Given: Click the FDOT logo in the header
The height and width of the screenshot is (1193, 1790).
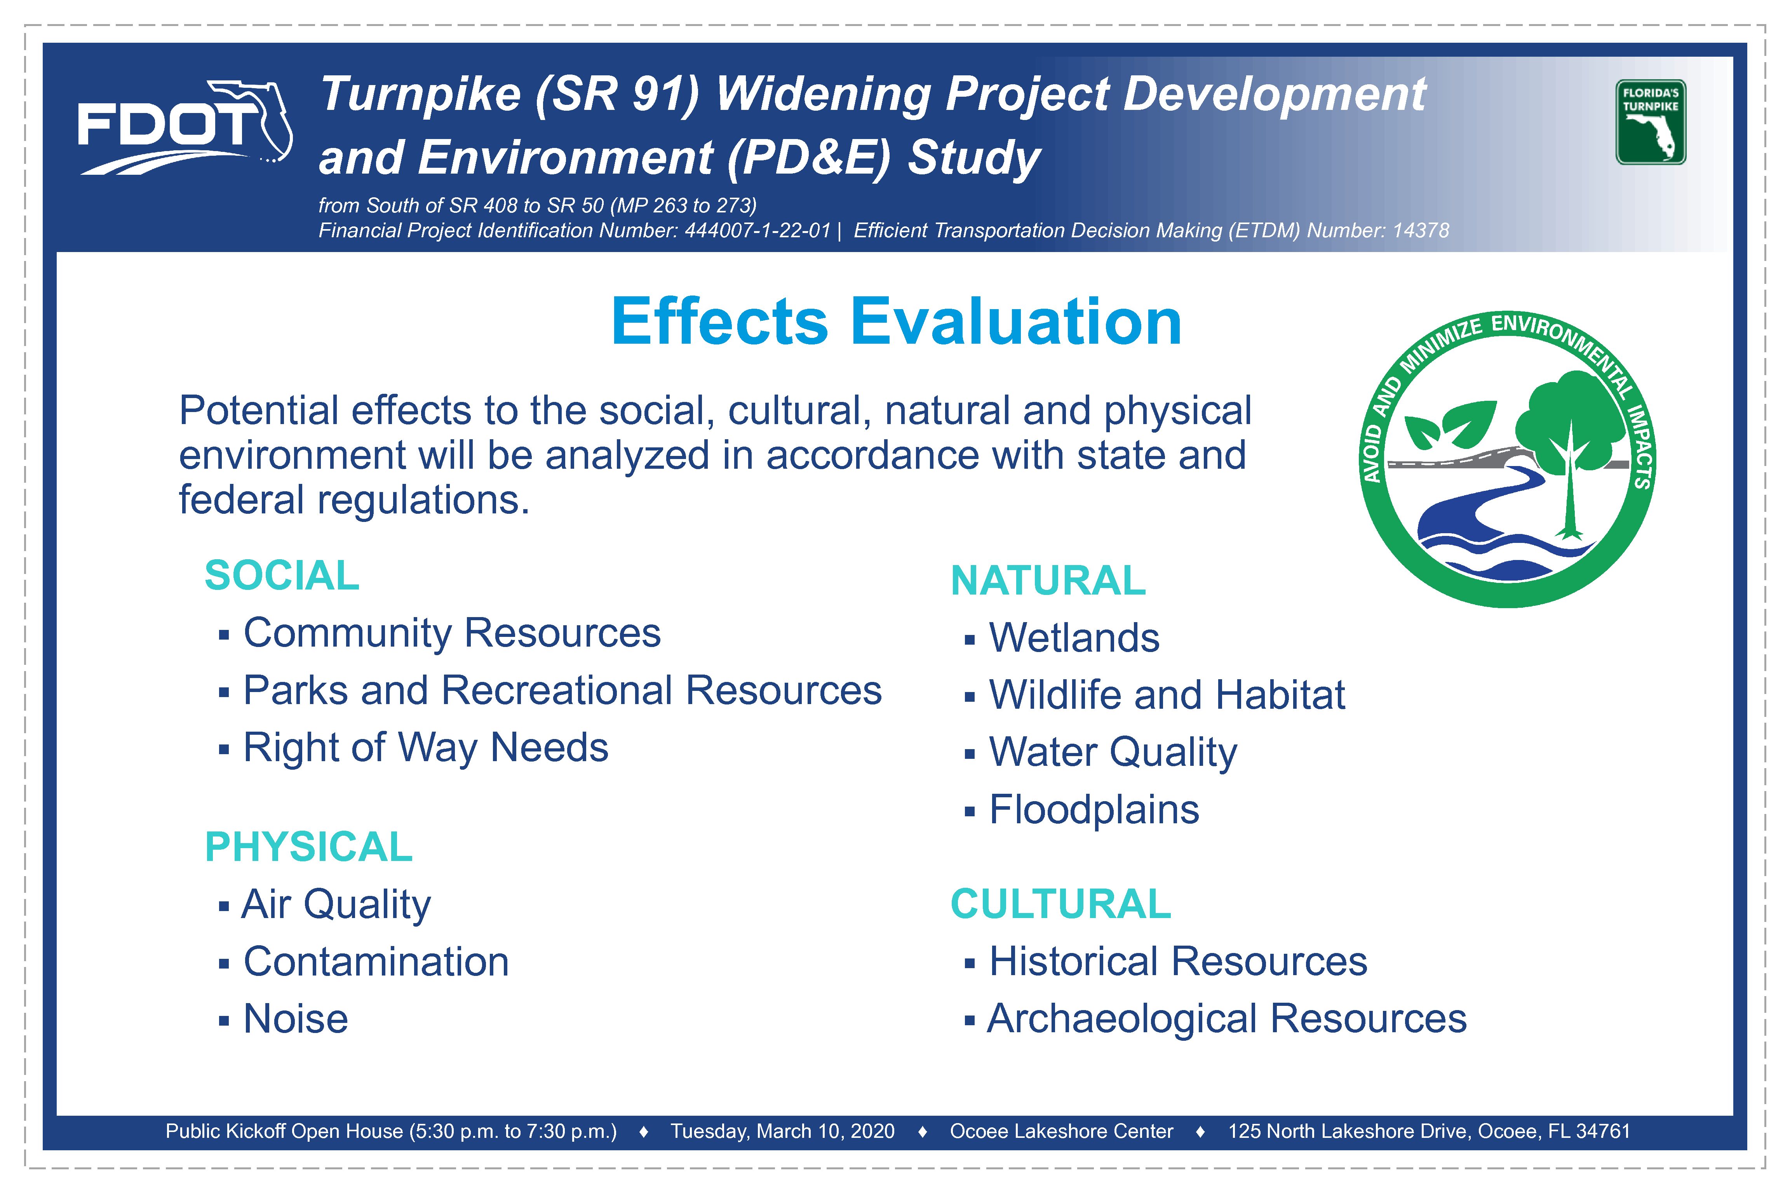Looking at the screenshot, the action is (185, 127).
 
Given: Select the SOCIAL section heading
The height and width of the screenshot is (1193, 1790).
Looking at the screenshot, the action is (282, 575).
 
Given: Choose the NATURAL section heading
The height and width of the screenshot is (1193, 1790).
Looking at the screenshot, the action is (1048, 581).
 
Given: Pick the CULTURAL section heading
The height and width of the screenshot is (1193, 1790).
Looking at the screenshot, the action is (1060, 904).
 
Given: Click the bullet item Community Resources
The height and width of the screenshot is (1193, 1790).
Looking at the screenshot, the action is (452, 633).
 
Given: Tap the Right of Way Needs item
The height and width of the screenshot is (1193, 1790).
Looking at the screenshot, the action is (425, 748).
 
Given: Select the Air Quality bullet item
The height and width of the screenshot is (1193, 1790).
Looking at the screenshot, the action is (336, 904).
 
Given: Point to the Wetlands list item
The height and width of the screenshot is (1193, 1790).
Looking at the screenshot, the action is (1074, 638).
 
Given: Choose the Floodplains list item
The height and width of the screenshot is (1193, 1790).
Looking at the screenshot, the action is (1094, 810).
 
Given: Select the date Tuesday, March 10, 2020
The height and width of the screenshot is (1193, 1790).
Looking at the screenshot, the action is (782, 1131).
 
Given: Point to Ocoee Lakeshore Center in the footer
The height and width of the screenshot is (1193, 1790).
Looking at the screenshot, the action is (1062, 1131).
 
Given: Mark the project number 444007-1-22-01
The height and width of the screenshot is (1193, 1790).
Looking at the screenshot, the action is (757, 231).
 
